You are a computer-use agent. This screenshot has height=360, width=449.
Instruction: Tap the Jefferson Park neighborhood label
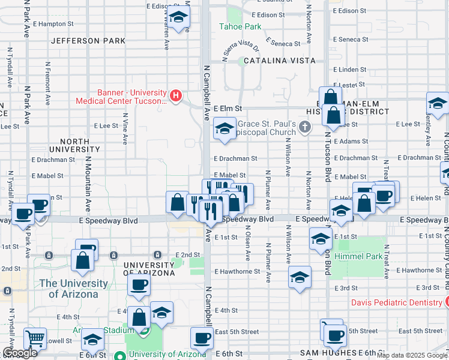pos(88,41)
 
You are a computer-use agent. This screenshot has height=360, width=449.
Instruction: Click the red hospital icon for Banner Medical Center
pos(176,95)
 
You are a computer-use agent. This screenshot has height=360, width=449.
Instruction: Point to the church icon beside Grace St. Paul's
pos(306,127)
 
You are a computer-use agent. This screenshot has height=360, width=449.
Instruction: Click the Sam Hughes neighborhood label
pos(328,352)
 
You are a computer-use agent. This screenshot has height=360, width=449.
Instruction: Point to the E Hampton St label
pos(53,24)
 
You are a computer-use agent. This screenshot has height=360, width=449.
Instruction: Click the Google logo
pos(20,353)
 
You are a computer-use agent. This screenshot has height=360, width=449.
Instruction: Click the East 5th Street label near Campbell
pos(237,332)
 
